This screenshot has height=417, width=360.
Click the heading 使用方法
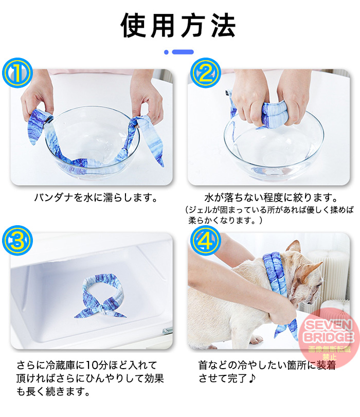click(x=178, y=26)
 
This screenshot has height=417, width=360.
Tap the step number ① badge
click(x=17, y=73)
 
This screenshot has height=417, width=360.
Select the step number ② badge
click(x=205, y=73)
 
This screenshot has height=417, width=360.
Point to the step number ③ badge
click(x=17, y=241)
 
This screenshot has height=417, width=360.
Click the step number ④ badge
click(x=205, y=241)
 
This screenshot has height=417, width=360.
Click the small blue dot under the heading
click(x=166, y=52)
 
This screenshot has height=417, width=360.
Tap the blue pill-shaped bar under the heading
click(x=183, y=52)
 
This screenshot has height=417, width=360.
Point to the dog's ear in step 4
click(x=311, y=268)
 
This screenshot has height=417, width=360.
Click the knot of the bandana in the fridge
click(x=101, y=309)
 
